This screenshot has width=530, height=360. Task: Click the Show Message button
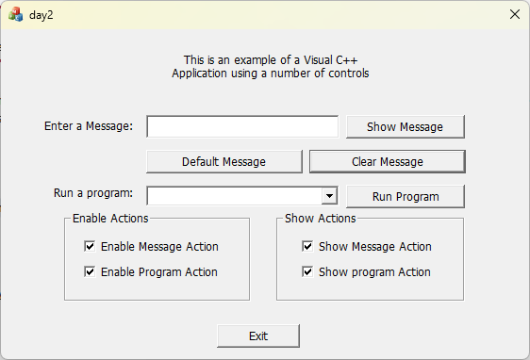point(405,127)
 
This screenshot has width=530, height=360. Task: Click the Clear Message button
point(387,161)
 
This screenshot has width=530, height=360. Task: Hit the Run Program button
point(405,197)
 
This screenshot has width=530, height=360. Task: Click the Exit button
point(258,335)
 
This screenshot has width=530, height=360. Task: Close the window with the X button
point(514,15)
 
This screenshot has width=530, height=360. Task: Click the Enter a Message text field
point(242,127)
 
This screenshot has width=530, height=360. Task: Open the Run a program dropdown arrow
point(329,196)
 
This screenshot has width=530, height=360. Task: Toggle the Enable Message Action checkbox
point(91,247)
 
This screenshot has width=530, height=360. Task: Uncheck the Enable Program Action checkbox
point(91,272)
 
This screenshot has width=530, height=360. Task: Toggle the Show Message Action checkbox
point(307,247)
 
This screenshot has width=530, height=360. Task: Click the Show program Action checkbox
point(307,272)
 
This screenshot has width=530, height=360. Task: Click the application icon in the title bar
point(16,15)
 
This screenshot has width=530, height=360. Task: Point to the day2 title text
point(41,16)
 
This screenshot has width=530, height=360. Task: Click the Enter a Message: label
point(89,126)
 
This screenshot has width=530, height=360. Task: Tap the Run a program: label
point(93,194)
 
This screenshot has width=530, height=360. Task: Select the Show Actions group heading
point(321,219)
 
